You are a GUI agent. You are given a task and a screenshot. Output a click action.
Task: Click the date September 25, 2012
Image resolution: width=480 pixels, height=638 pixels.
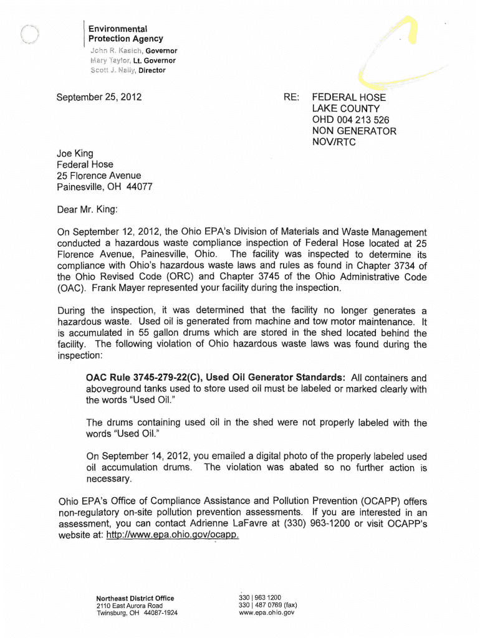[x=99, y=97]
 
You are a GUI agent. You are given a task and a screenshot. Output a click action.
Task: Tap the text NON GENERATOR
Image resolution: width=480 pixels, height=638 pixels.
[x=354, y=131]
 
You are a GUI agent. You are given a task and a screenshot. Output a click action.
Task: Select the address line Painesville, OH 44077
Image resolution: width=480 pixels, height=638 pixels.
[x=105, y=187]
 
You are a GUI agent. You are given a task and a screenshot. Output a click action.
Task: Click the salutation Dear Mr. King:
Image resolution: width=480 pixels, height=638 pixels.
[x=87, y=209]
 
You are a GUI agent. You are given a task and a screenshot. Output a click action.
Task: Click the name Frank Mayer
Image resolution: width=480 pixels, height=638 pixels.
[x=119, y=288]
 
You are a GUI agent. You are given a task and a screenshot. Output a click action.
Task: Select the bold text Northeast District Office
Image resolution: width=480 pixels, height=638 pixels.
[x=135, y=598]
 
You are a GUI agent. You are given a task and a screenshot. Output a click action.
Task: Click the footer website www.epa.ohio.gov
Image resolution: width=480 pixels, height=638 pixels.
[x=267, y=612]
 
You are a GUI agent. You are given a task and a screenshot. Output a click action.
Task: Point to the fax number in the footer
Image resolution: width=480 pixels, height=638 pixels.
[x=268, y=605]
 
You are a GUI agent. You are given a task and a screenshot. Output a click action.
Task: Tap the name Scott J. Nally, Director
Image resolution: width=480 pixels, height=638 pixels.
[x=128, y=70]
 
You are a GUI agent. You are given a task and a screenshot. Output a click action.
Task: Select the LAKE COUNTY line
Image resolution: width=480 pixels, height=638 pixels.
[x=346, y=108]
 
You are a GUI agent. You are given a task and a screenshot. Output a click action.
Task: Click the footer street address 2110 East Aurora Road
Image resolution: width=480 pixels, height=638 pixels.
[x=130, y=606]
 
